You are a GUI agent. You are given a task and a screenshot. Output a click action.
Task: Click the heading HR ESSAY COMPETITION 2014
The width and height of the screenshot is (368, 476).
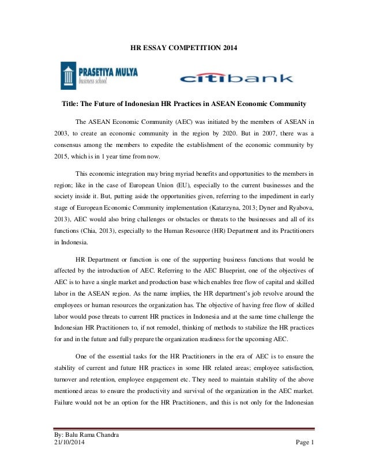click(183, 47)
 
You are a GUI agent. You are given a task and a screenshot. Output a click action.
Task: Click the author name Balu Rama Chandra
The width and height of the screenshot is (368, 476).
click(87, 433)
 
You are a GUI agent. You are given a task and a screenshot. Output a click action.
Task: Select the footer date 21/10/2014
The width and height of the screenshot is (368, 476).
click(65, 442)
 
